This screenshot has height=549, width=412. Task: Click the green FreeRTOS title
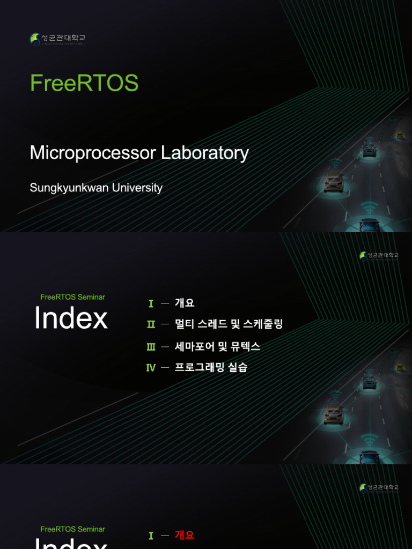pyautogui.click(x=84, y=83)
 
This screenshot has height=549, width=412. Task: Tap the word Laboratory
pyautogui.click(x=204, y=153)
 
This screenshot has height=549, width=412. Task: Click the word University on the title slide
pyautogui.click(x=137, y=188)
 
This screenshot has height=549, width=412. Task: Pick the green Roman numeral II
pyautogui.click(x=151, y=324)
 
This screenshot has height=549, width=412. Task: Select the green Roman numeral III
pyautogui.click(x=151, y=346)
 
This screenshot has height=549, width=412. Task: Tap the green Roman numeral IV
pyautogui.click(x=151, y=368)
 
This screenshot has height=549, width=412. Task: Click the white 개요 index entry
pyautogui.click(x=185, y=303)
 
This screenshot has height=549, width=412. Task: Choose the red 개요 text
pyautogui.click(x=185, y=535)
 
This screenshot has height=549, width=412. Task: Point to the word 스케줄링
pyautogui.click(x=263, y=324)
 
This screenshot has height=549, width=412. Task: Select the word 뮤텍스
pyautogui.click(x=246, y=346)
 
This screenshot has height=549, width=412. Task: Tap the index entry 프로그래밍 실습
pyautogui.click(x=211, y=368)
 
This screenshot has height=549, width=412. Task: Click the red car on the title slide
pyautogui.click(x=333, y=182)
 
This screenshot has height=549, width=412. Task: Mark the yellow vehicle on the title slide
pyautogui.click(x=400, y=136)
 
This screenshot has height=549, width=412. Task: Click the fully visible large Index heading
pyautogui.click(x=71, y=318)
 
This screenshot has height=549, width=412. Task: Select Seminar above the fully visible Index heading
pyautogui.click(x=91, y=297)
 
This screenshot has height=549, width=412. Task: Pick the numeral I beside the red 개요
pyautogui.click(x=151, y=536)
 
